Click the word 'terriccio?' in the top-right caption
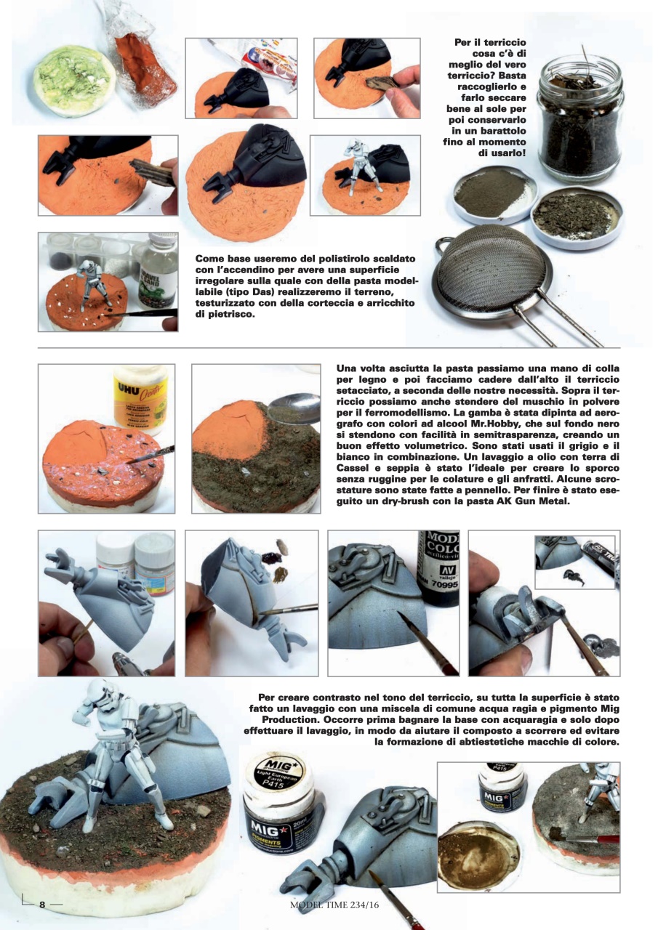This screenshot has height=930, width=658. [466, 76]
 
